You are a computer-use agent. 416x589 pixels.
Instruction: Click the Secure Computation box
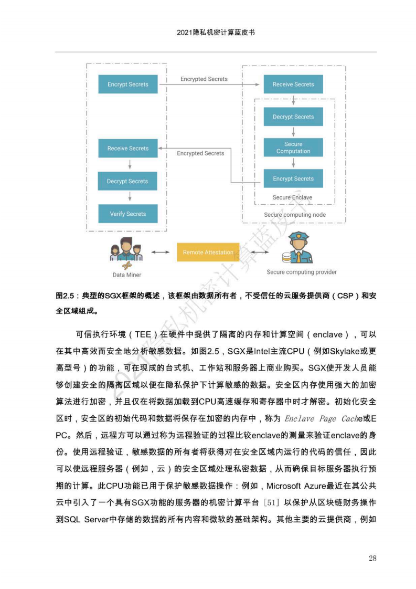point(293,148)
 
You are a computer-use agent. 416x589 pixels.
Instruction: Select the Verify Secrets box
point(127,214)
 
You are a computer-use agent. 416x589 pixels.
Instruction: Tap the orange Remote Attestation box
point(208,253)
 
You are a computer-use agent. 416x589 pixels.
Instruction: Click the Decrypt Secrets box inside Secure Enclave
point(293,117)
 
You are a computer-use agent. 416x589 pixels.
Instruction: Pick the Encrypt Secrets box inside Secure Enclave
point(293,179)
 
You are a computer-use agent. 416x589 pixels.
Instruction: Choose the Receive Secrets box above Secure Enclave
point(293,85)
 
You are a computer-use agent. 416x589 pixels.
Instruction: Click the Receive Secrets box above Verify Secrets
point(127,149)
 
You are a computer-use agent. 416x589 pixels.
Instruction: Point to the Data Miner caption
point(127,275)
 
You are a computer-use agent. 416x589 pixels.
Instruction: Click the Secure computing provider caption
point(302,272)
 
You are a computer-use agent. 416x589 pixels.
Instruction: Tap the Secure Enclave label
point(292,198)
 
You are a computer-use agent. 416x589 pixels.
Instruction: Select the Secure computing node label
point(295,215)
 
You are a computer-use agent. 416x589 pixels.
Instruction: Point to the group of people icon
point(126,249)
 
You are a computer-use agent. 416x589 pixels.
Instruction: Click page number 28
point(372,558)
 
